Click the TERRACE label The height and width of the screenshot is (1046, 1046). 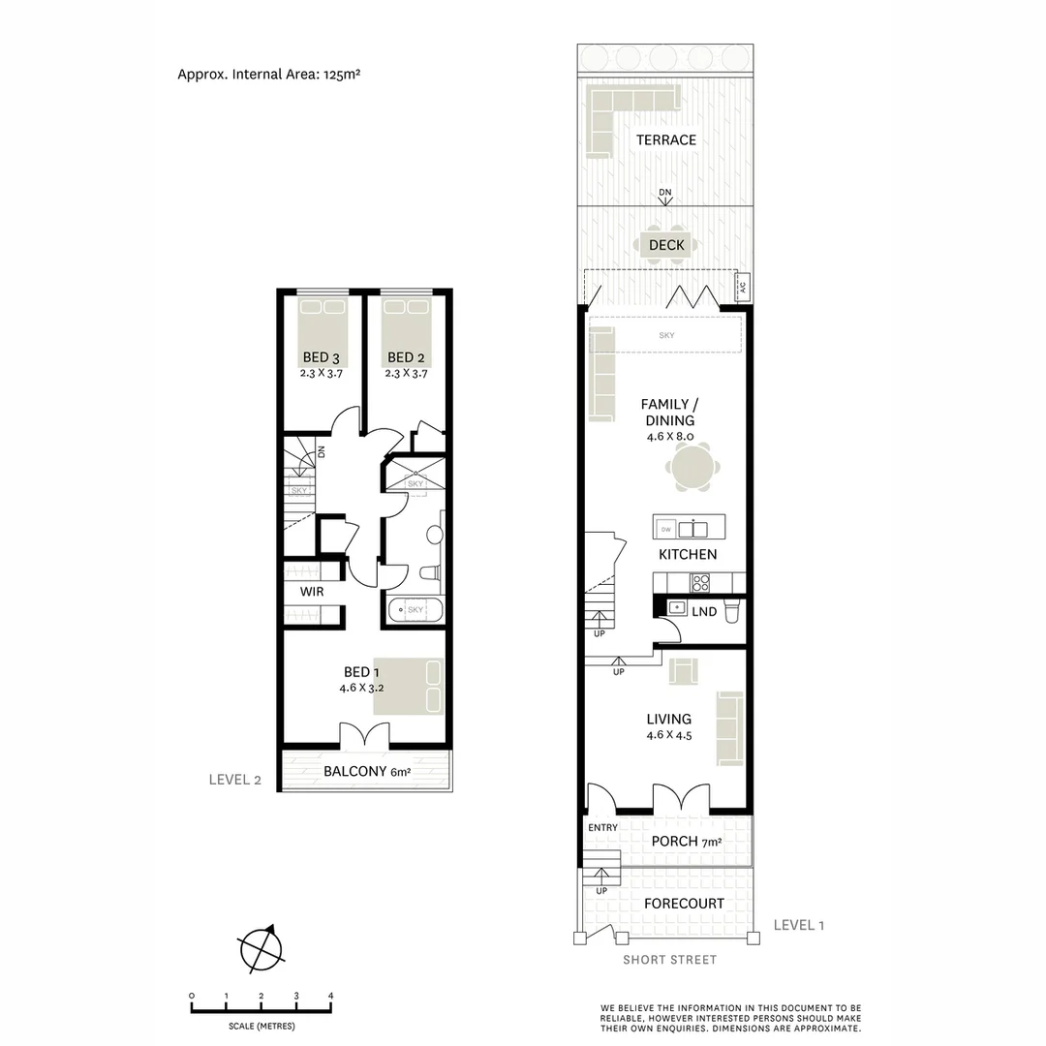pos(665,139)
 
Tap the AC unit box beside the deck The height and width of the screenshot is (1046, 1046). pos(743,287)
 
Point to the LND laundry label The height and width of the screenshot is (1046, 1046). pos(703,611)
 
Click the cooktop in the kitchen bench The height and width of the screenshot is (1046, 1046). pos(699,582)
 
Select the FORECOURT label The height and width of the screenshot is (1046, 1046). pos(684,903)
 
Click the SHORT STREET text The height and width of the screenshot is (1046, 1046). pos(669,959)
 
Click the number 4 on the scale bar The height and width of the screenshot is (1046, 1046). pos(331,996)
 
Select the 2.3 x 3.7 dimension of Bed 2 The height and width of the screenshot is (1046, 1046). pos(406,372)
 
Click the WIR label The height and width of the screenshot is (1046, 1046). pos(311,591)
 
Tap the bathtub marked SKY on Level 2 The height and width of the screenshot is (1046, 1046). pos(415,610)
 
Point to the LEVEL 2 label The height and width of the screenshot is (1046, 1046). pos(235,779)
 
